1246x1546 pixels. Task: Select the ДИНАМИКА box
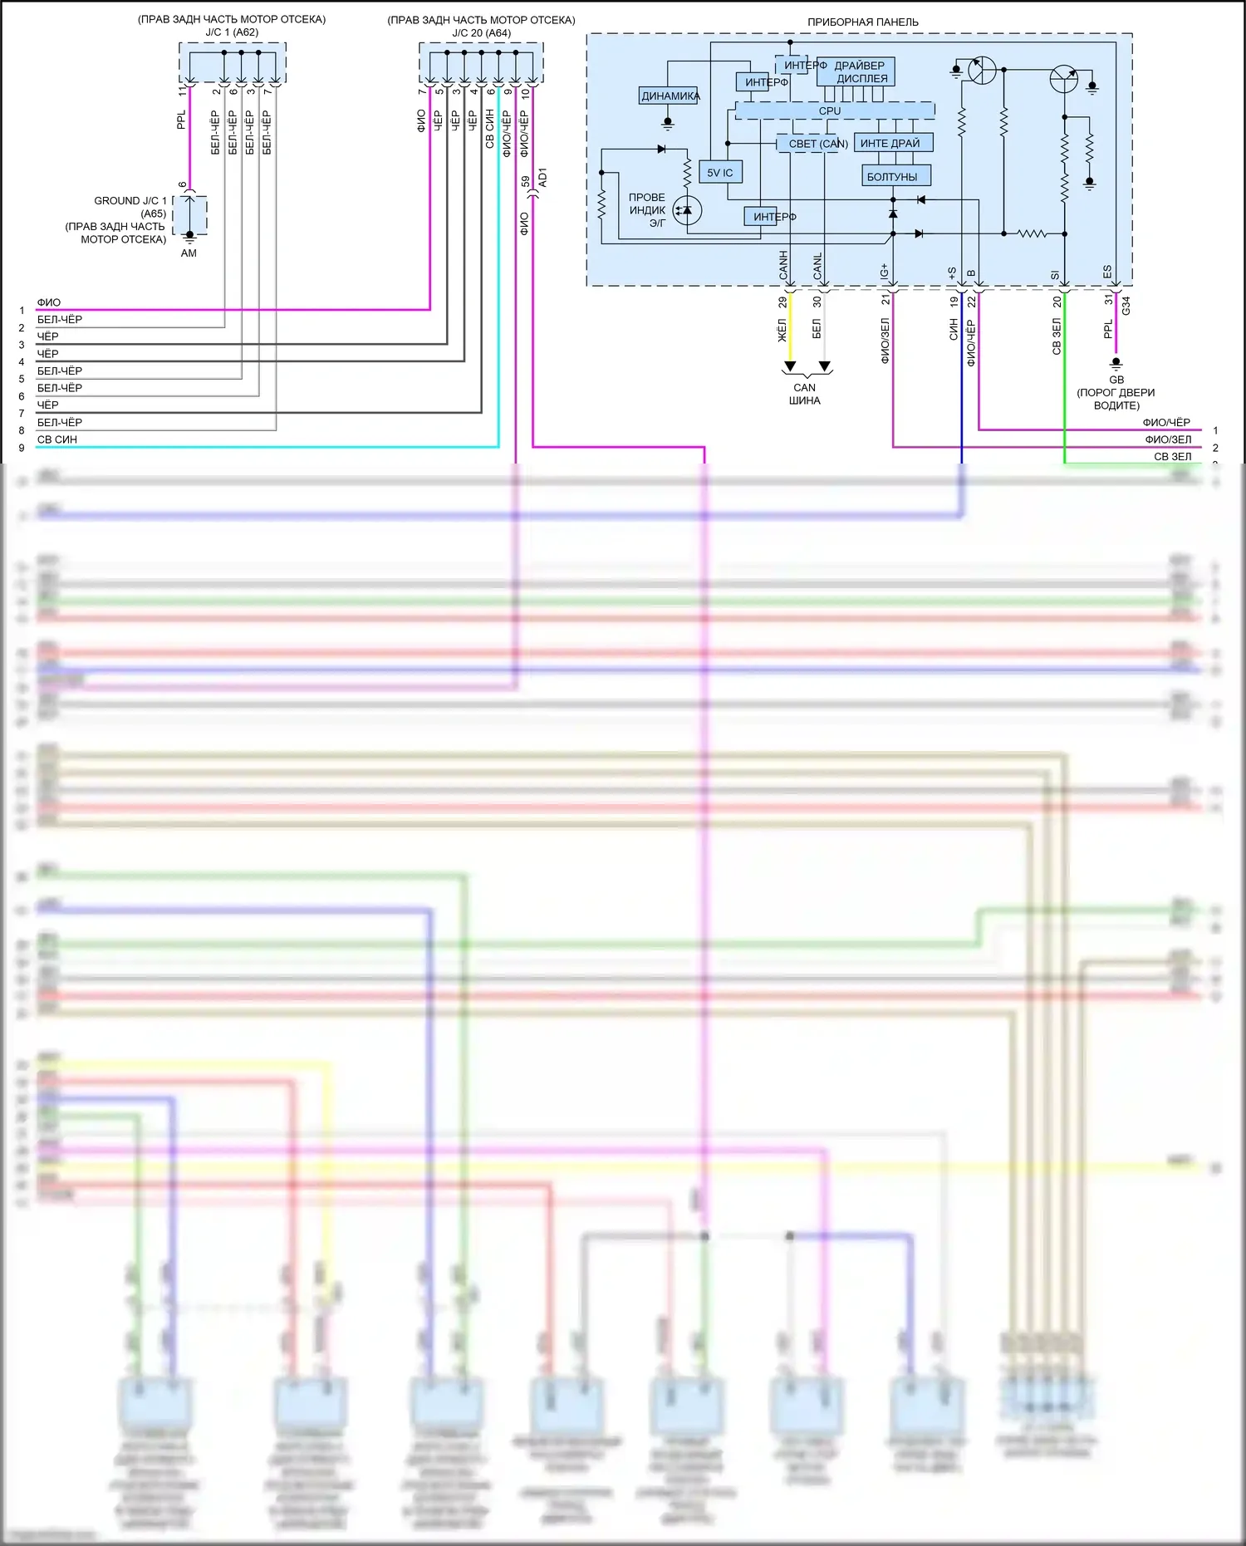point(669,96)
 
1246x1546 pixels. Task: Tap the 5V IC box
point(720,173)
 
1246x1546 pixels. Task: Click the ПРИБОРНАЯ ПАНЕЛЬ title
point(862,22)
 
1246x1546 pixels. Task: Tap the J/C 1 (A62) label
point(232,32)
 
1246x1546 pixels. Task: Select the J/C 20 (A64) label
point(481,33)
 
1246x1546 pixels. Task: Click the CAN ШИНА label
point(804,394)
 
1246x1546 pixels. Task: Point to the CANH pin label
point(783,265)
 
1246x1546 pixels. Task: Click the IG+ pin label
point(885,271)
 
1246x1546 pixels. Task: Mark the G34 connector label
point(1126,306)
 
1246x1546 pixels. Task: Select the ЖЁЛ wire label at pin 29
point(782,330)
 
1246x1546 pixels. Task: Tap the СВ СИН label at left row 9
point(56,439)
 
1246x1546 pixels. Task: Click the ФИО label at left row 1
point(48,302)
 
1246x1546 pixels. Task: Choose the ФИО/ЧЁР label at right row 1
point(1165,422)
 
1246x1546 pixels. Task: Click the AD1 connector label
point(543,177)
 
